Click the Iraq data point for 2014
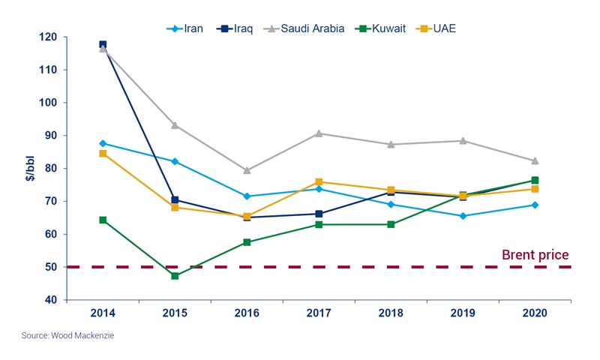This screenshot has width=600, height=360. (x=103, y=45)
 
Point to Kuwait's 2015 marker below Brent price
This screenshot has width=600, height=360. (x=175, y=276)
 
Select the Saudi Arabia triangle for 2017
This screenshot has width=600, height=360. (x=319, y=133)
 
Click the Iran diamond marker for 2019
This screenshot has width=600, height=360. (x=463, y=216)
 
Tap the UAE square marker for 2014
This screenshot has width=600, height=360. (x=103, y=154)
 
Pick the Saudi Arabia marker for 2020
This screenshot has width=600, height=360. (x=535, y=160)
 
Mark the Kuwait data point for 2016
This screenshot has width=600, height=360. (x=247, y=242)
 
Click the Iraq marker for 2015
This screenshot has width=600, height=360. (x=175, y=200)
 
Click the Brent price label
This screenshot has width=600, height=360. (x=535, y=255)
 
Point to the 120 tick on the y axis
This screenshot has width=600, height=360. (x=49, y=37)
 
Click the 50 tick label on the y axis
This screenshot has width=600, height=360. (x=50, y=267)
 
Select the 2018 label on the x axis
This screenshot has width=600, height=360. (x=391, y=313)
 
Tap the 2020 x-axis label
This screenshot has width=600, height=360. (x=535, y=313)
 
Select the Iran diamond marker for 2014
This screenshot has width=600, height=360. (x=103, y=143)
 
